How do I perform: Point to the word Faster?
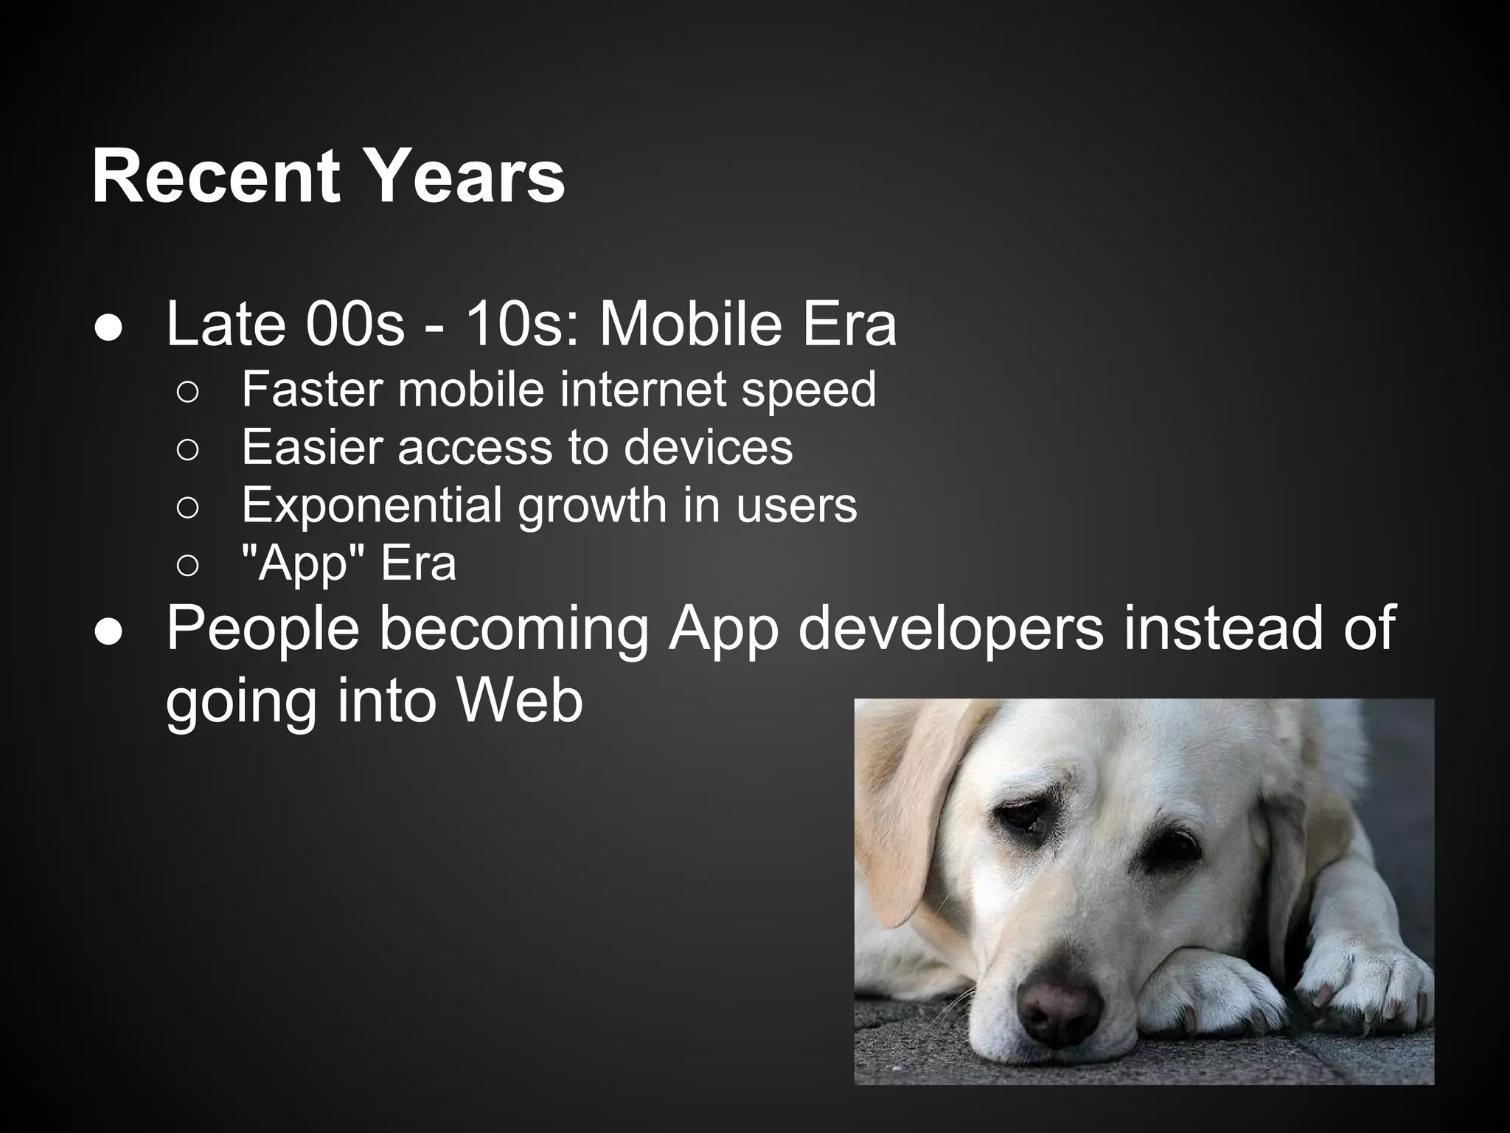coord(313,389)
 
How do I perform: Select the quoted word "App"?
coord(304,564)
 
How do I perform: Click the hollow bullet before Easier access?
coord(187,449)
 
